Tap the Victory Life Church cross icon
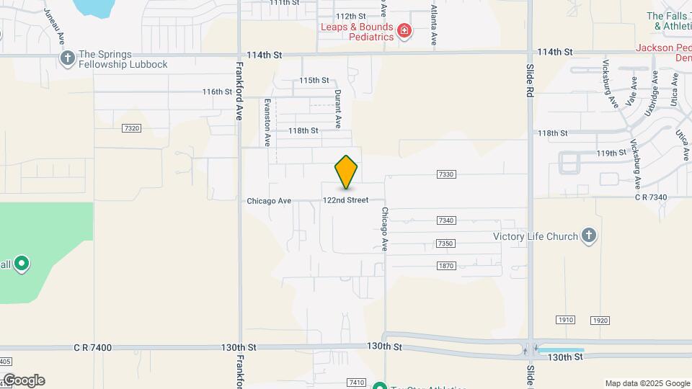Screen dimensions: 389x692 (x=589, y=236)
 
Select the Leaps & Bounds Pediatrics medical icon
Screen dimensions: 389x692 (x=404, y=32)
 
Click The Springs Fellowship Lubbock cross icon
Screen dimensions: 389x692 (x=68, y=58)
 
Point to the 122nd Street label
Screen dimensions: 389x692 (x=345, y=200)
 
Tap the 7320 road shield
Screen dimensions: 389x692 (x=131, y=128)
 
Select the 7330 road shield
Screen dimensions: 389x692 (x=446, y=174)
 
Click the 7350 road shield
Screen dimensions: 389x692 (x=446, y=243)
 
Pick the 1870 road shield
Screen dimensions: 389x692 (x=446, y=266)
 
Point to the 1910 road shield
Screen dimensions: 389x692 (x=565, y=319)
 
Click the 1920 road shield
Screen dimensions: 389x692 (x=600, y=319)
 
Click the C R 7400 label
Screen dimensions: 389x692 (x=92, y=348)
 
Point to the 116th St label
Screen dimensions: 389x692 (x=217, y=92)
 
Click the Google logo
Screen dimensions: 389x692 (x=24, y=380)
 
